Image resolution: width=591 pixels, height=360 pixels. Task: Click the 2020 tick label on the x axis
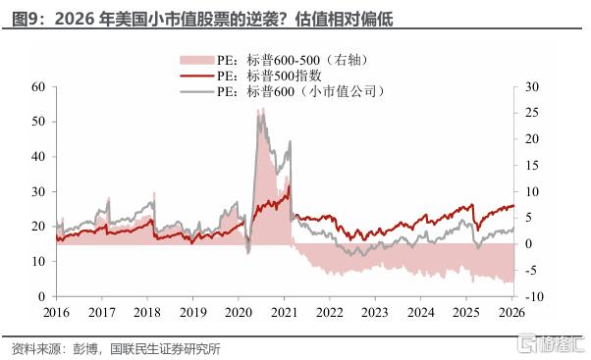point(239,312)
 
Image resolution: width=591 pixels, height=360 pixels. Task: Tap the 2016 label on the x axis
point(56,312)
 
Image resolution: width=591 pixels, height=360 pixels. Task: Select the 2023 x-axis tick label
point(375,312)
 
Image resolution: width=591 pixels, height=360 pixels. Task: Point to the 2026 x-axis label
point(511,312)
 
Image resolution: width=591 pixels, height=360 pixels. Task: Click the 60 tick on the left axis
point(38,87)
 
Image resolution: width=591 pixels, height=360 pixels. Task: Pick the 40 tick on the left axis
point(38,157)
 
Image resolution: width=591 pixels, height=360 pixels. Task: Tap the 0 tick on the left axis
point(42,296)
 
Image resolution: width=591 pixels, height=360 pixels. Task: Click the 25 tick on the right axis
point(532,113)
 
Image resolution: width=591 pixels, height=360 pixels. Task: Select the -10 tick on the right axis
point(534,296)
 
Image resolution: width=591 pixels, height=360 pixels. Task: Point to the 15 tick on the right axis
point(532,165)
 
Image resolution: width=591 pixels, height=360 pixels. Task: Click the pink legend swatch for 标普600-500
point(196,60)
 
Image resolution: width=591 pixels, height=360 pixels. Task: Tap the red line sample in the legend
point(196,76)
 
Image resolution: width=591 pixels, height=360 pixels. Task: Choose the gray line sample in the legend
point(196,91)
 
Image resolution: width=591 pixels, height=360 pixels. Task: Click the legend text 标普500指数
point(284,76)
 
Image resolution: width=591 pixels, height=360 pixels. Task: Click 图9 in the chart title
point(25,19)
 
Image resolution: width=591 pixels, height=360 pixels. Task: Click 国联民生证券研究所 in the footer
point(165,348)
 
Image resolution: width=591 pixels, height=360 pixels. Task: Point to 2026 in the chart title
point(75,19)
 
